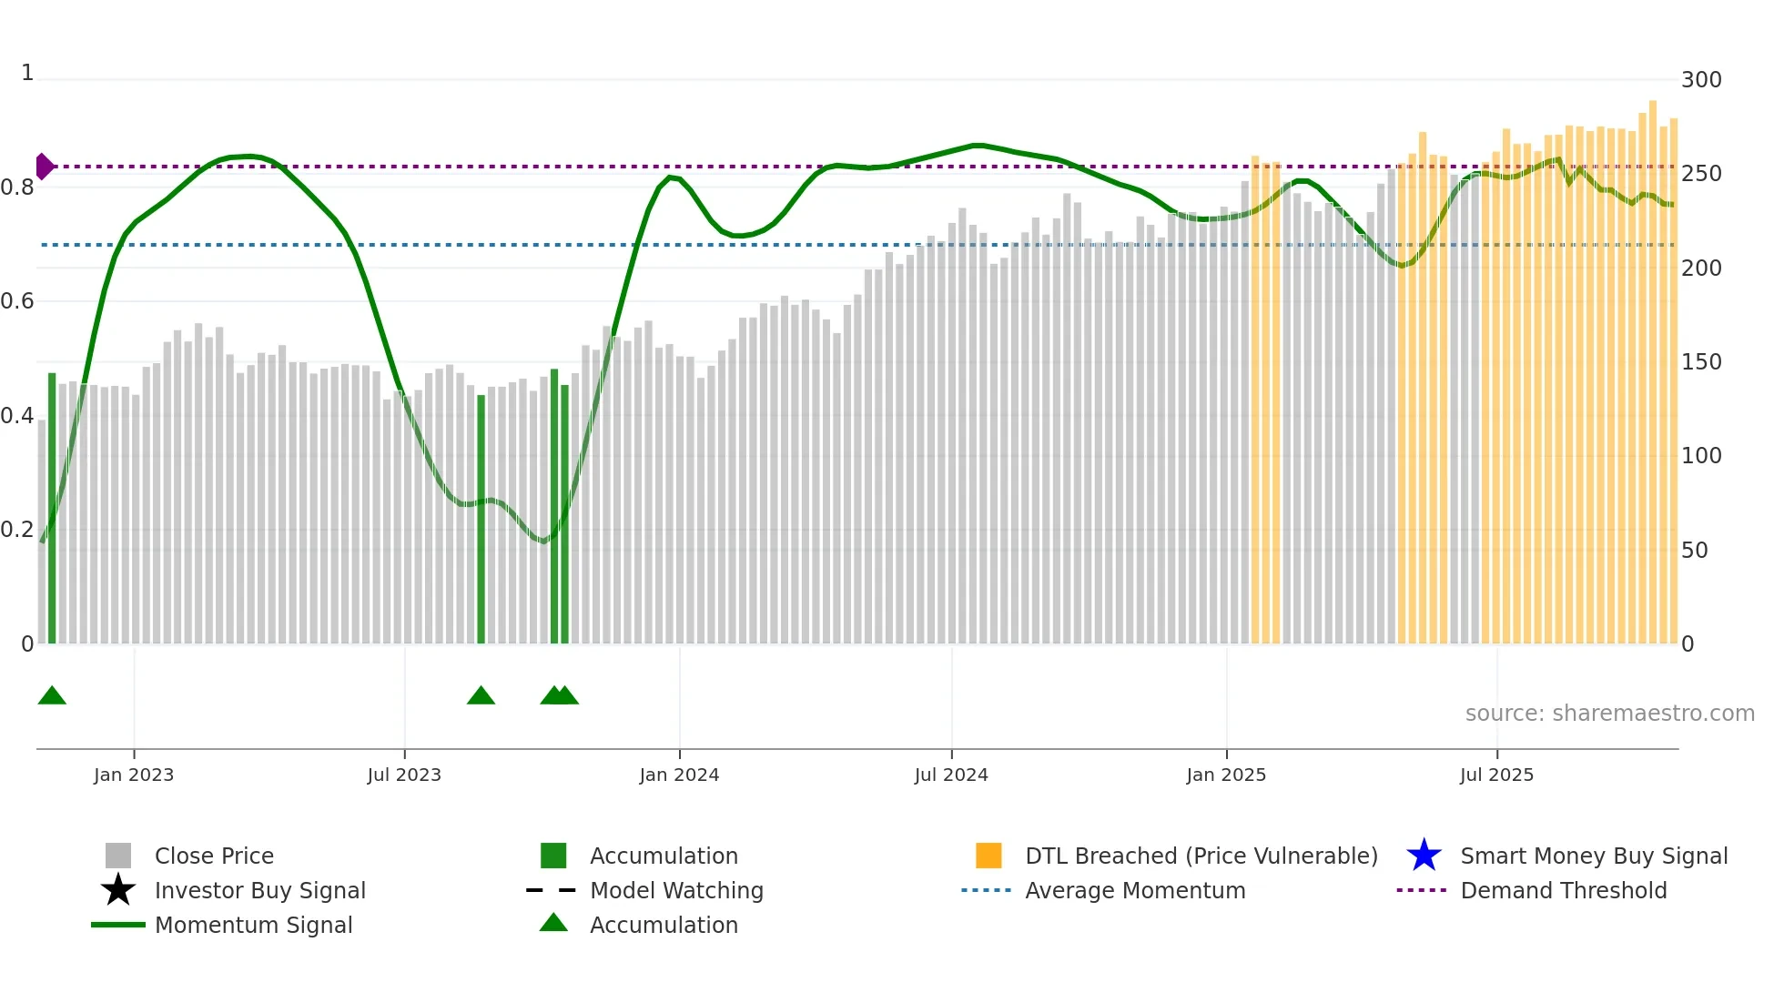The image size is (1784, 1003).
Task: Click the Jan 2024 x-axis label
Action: coord(679,775)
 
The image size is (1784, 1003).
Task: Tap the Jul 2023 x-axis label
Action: coord(404,775)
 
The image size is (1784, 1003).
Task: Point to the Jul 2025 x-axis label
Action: coord(1496,775)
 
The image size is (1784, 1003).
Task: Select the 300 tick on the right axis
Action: coord(1700,80)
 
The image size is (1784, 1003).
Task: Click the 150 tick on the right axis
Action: coord(1700,362)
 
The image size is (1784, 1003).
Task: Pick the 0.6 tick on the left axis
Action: coord(18,301)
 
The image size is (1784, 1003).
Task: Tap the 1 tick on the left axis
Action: coord(27,73)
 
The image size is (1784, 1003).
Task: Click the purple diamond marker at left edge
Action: coord(44,167)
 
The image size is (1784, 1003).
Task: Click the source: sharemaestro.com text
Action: coord(1609,714)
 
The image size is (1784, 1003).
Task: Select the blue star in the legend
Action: coord(1424,856)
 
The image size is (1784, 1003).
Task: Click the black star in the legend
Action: coord(118,890)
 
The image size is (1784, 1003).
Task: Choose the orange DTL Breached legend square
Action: coord(988,856)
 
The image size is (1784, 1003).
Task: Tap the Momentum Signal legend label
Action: coord(253,925)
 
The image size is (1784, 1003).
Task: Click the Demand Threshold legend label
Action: coord(1563,890)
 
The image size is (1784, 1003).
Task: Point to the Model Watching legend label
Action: coord(676,890)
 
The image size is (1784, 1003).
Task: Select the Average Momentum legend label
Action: coord(1135,890)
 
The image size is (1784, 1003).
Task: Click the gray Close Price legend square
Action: coord(118,856)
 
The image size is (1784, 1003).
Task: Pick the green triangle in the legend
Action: coord(553,924)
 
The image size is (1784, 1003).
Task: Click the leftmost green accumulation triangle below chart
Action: coord(52,696)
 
